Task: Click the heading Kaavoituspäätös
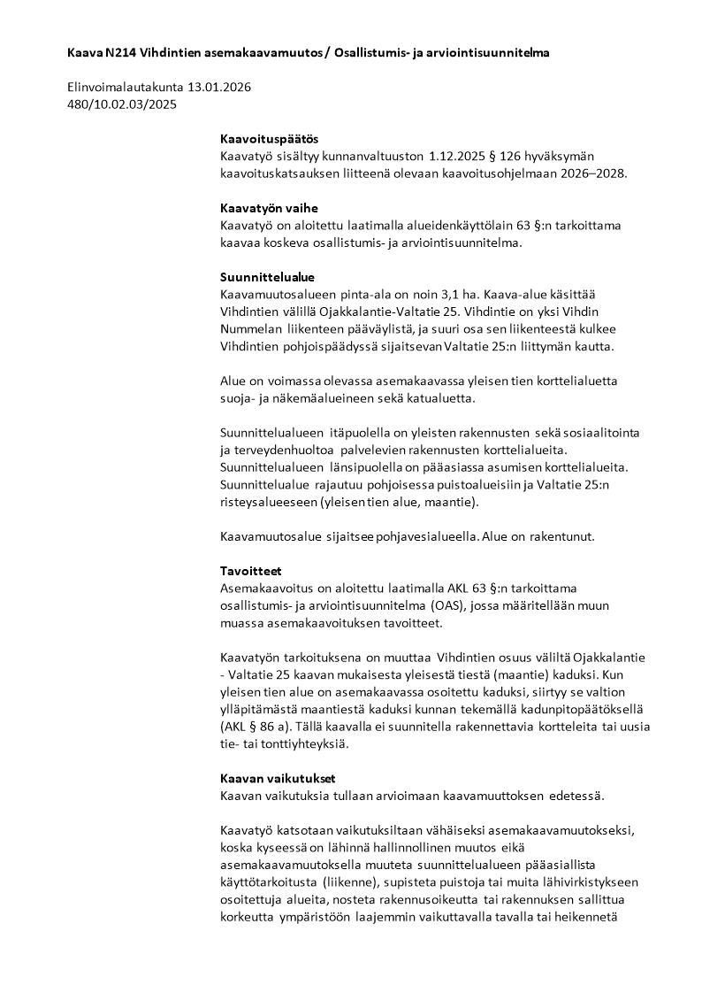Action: pyautogui.click(x=269, y=139)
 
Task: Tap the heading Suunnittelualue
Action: pyautogui.click(x=267, y=277)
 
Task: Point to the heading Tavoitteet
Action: pyautogui.click(x=250, y=571)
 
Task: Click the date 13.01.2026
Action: pyautogui.click(x=220, y=88)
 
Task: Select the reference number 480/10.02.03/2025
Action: pyautogui.click(x=122, y=104)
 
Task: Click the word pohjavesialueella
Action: pyautogui.click(x=424, y=536)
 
